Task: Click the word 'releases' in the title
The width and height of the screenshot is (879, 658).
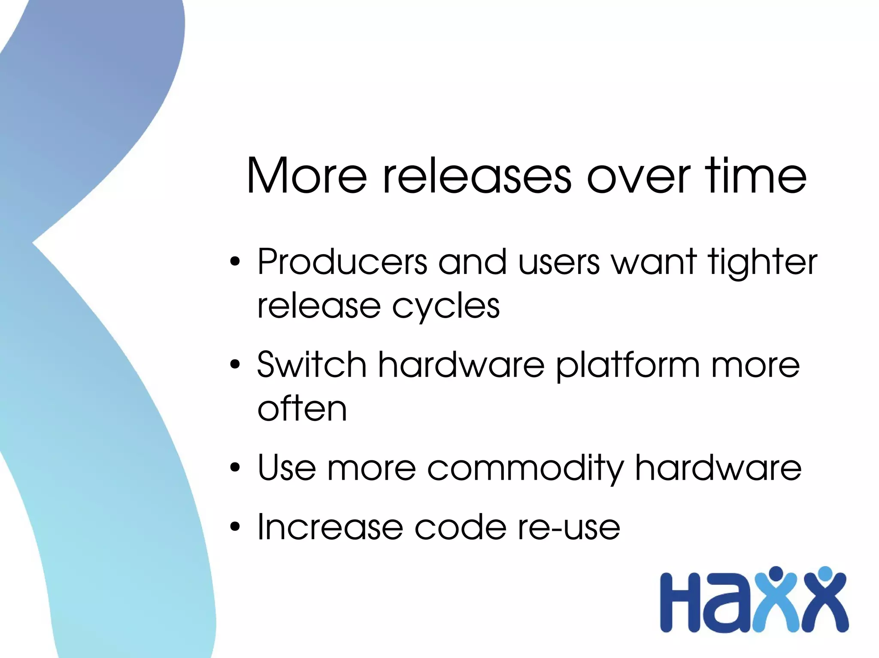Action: [x=477, y=176]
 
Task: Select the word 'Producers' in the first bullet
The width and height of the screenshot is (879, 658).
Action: [x=342, y=262]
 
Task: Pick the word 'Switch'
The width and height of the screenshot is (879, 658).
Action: [x=312, y=365]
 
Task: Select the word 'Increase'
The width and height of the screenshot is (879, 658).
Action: [x=330, y=527]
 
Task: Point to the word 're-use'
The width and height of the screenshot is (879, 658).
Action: [x=569, y=528]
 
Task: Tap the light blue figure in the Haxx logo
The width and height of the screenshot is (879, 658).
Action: [x=775, y=600]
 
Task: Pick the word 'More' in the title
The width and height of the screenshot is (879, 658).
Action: [x=307, y=176]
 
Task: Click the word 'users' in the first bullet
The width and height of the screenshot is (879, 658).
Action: [x=558, y=263]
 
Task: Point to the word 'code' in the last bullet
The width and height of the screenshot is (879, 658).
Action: [x=460, y=527]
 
